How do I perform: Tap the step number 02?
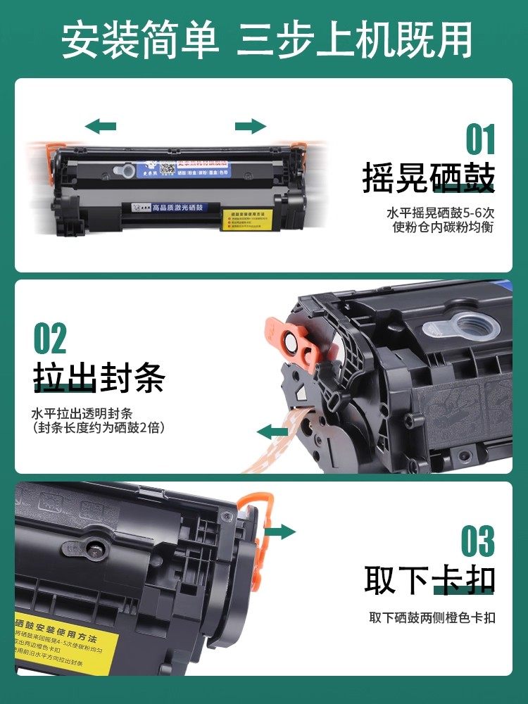pos(51,339)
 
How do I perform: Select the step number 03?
pos(477,541)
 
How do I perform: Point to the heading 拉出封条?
pos(99,378)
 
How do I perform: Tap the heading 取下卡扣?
pos(429,580)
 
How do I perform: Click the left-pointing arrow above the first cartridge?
pos(100,127)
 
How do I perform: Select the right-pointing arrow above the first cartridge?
pos(251,127)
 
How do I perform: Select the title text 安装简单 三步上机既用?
pos(264,41)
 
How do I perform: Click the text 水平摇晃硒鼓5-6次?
pos(440,213)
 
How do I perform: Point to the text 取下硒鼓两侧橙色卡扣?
pos(432,618)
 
